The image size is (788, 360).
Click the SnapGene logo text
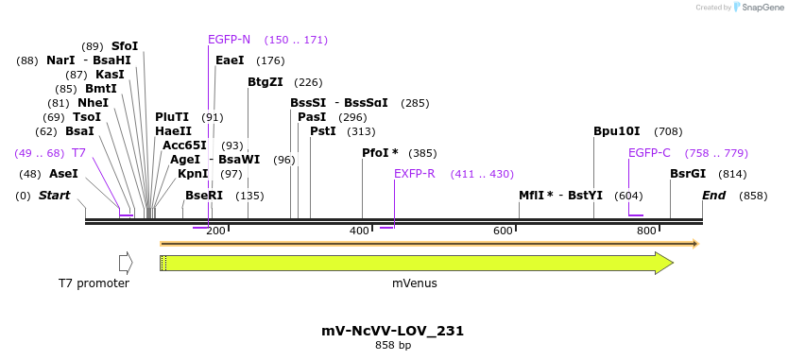pos(763,8)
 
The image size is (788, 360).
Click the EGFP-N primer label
pos(229,40)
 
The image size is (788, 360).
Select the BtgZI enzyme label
pos(265,82)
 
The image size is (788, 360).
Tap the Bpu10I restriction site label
pos(616,131)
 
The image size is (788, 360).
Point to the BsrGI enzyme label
pos(687,174)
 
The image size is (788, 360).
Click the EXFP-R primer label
pos(414,174)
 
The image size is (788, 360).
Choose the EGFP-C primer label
pos(649,152)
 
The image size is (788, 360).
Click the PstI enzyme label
pos(322,131)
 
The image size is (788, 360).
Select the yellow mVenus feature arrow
pos(416,263)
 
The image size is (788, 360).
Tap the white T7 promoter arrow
pos(126,263)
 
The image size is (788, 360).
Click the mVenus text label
pos(415,283)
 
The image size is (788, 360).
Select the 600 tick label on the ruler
pos(503,231)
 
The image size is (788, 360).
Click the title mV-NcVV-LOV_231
pos(392,331)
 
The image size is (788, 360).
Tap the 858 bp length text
pos(392,346)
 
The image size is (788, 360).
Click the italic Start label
pos(54,196)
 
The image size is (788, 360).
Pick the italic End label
pos(713,196)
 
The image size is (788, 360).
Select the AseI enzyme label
pos(63,174)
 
